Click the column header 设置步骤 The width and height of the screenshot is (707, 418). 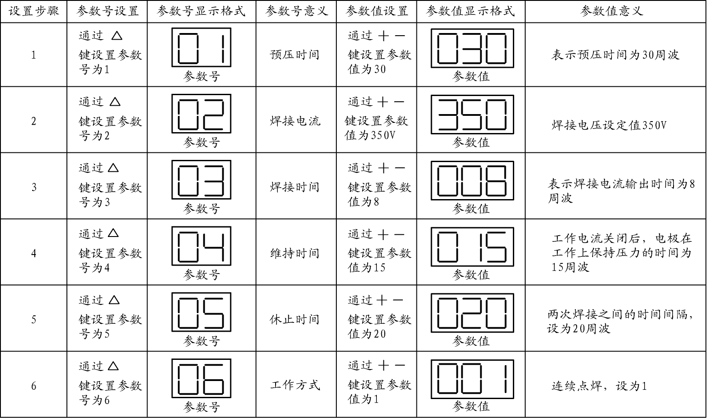(34, 11)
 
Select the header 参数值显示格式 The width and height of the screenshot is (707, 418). (470, 11)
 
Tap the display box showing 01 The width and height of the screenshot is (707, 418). (201, 48)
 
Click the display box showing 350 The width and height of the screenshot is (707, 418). (472, 114)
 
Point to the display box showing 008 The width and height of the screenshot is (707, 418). (472, 181)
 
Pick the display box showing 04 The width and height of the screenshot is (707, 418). (201, 246)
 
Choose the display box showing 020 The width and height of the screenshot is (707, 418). (472, 313)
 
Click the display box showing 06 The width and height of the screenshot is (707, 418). (201, 378)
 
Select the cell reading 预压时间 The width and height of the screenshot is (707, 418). (295, 55)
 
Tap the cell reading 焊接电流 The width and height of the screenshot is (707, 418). (295, 121)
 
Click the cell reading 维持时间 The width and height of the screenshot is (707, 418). (295, 253)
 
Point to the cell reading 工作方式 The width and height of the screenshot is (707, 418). (295, 385)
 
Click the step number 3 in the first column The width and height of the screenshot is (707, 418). (34, 187)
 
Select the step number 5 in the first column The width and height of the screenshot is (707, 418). (34, 319)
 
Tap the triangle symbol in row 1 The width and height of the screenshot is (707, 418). (117, 36)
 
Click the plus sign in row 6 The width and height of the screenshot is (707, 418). (383, 366)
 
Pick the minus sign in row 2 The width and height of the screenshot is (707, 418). (399, 102)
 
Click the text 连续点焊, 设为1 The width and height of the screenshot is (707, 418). (599, 386)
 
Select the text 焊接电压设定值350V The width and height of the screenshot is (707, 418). (609, 126)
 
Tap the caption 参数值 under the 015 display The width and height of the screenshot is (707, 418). (471, 275)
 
